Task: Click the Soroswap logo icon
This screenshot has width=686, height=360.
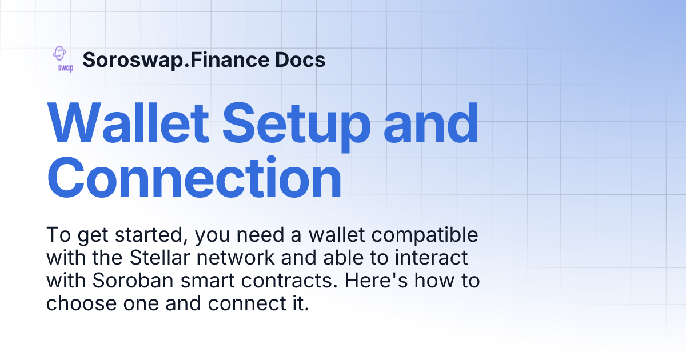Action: (62, 59)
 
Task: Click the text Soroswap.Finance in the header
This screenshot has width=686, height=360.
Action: (177, 59)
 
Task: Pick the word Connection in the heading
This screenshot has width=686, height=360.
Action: (194, 179)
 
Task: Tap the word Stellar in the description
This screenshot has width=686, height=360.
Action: (158, 258)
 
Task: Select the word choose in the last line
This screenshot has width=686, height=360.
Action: (78, 303)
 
